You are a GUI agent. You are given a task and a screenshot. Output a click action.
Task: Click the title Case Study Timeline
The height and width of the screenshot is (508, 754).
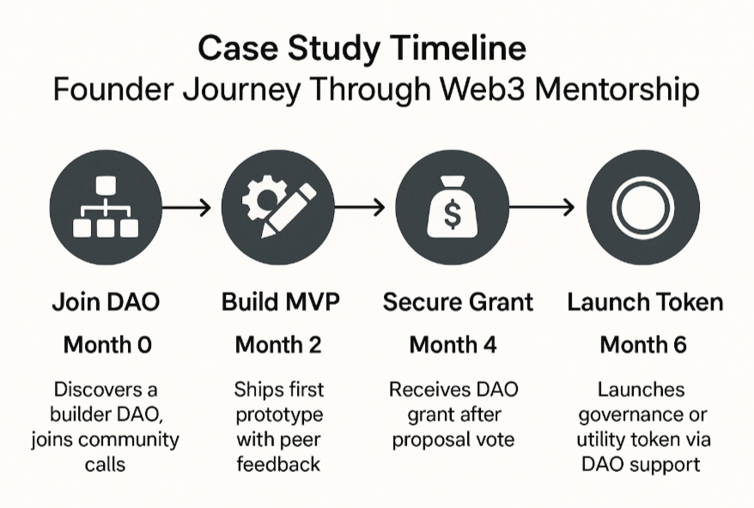pos(362,48)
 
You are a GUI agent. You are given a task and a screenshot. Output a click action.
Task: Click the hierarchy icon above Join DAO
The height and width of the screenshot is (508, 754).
pos(106,207)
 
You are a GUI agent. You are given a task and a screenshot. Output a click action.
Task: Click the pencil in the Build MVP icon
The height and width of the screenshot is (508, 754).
pos(289,210)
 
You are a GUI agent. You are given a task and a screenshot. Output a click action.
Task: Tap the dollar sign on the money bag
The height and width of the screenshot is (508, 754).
pos(452,215)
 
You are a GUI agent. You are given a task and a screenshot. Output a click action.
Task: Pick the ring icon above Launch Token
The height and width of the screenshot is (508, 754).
pos(643,208)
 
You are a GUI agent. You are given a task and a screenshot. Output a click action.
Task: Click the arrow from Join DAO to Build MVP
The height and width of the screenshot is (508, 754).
pos(186,208)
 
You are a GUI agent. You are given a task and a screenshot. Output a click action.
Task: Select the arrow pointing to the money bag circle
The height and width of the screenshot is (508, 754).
pos(360,208)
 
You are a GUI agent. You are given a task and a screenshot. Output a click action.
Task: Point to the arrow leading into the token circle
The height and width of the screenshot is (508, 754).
pos(542,208)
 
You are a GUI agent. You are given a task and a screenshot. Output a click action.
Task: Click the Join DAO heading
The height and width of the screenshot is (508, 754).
pos(106,302)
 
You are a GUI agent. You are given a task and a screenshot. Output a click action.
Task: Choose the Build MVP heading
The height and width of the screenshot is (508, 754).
pos(280,302)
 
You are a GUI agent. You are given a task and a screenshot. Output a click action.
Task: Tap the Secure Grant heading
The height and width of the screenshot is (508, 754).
pos(458,302)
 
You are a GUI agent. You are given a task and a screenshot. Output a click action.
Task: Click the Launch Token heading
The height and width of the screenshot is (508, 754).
pos(645,302)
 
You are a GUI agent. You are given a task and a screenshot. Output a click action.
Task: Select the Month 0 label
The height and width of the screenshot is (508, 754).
pos(107,345)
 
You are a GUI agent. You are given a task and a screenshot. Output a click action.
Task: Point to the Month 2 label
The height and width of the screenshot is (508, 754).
pos(278,345)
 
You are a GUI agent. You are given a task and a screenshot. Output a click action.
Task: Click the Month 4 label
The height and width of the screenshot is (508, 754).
pos(453,345)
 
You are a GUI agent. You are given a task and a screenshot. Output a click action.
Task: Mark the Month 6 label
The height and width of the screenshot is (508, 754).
pos(643,345)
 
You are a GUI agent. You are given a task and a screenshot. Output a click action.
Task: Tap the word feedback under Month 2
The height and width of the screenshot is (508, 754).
pos(278,464)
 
